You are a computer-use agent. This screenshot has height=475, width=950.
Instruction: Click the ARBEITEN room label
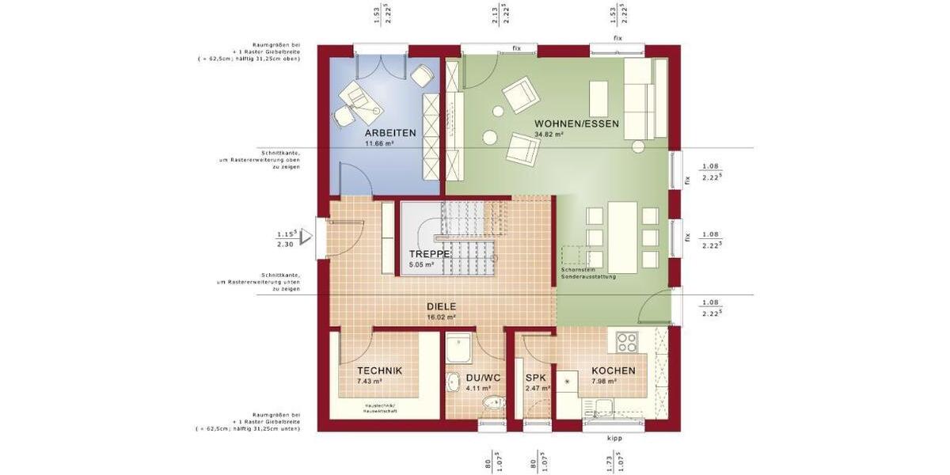(390, 133)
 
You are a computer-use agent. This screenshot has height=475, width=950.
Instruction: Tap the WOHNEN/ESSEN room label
(576, 123)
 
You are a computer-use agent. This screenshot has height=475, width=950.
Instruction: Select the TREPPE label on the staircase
(430, 254)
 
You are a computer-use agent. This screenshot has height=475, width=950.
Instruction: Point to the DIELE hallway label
(442, 306)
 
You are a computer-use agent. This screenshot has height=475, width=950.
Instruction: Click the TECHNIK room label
(379, 370)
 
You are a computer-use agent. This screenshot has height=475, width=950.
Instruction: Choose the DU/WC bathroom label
(483, 378)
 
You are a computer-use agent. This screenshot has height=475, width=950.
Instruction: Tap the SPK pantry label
(536, 378)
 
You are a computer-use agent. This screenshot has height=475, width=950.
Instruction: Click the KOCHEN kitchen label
(613, 370)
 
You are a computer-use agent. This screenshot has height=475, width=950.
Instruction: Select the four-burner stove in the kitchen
(628, 343)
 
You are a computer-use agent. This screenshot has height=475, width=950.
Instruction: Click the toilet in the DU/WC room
(493, 405)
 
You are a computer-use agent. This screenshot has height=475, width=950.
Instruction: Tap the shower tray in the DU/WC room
(458, 348)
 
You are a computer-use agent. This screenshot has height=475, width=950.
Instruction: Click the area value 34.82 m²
(549, 135)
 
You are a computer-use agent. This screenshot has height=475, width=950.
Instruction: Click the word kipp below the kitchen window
(614, 438)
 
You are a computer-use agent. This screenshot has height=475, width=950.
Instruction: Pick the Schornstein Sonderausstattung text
(587, 273)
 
